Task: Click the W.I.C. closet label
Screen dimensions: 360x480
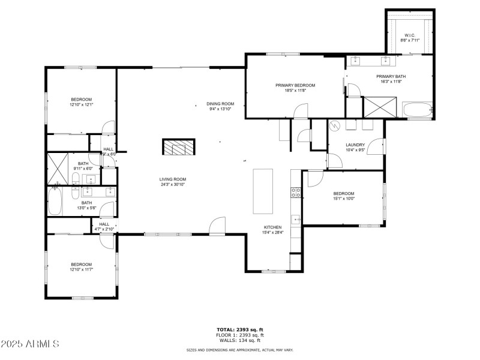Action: [x=410, y=37]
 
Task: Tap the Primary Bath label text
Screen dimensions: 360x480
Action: [x=388, y=79]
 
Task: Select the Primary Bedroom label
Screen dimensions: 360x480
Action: [x=295, y=88]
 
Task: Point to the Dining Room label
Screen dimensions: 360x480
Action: [x=221, y=106]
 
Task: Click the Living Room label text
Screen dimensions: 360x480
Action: [x=173, y=182]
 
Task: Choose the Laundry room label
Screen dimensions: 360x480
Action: [x=355, y=148]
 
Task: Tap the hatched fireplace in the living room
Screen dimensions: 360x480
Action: [x=178, y=148]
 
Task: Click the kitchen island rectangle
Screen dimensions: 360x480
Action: [x=263, y=191]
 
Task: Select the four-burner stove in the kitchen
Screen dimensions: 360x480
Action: [x=296, y=193]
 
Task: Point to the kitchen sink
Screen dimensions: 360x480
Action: [x=296, y=220]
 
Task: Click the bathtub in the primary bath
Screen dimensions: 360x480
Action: [x=417, y=110]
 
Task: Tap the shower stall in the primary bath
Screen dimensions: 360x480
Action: [x=377, y=107]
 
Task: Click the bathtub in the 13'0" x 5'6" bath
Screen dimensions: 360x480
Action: [x=55, y=202]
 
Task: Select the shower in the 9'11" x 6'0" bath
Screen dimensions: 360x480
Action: [x=58, y=168]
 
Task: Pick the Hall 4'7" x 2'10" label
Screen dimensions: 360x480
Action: [x=104, y=227]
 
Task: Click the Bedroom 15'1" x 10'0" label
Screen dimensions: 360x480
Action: [x=344, y=196]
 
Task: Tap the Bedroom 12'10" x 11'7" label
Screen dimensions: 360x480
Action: [x=82, y=267]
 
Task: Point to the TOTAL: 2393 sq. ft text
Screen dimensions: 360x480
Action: [x=240, y=329]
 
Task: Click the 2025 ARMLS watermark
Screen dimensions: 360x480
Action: [x=30, y=344]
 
